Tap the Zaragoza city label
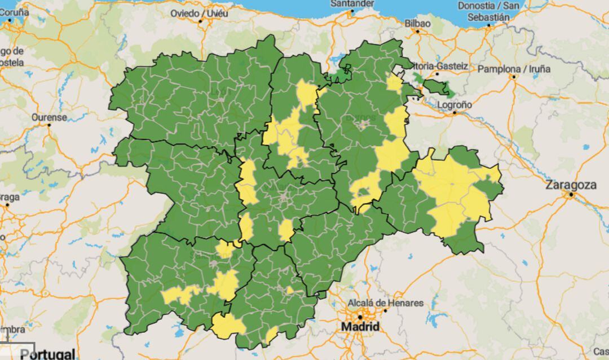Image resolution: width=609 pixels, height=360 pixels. point(571,185)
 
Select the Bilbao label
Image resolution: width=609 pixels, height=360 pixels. point(417,23)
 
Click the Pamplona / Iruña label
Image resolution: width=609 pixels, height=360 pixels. point(514,69)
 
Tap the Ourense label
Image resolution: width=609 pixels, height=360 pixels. point(49,117)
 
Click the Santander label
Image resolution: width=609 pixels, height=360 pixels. point(352,3)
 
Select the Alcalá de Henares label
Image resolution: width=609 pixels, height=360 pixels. point(385,303)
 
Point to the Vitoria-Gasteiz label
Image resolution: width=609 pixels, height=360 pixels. point(440,66)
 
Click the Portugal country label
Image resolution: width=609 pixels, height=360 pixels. point(47,354)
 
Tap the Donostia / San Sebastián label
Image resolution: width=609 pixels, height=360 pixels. point(488,11)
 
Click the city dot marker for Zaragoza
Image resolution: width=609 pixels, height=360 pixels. point(571,195)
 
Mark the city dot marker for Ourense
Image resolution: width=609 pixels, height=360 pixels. point(49,125)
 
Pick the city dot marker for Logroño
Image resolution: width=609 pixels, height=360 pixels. point(454,113)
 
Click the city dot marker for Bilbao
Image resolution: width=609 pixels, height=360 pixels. point(417,31)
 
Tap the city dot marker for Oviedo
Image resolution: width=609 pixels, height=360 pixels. point(201,21)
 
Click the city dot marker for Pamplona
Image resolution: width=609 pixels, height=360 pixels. point(514,77)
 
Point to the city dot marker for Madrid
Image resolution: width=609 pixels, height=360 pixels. point(359,317)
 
